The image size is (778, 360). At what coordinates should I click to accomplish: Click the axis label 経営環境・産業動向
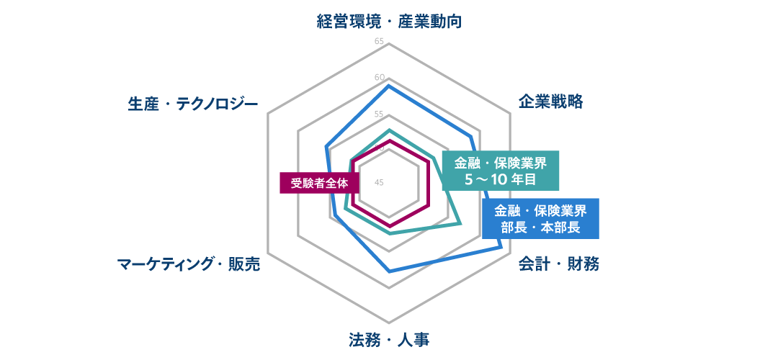click(x=389, y=22)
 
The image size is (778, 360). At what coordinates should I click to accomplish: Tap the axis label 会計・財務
click(x=558, y=264)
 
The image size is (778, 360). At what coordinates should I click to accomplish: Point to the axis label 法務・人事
click(x=388, y=340)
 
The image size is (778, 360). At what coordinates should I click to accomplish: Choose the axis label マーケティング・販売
click(x=188, y=264)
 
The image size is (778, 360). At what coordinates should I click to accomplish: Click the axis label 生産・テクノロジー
click(x=193, y=104)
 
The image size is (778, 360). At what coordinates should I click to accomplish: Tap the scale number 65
click(x=379, y=41)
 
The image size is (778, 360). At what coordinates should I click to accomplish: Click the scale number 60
click(x=379, y=77)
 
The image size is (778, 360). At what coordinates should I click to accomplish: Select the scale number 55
click(x=379, y=114)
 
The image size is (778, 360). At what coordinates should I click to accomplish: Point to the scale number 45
click(x=379, y=182)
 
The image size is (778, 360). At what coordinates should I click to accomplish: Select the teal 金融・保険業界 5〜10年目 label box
click(x=501, y=171)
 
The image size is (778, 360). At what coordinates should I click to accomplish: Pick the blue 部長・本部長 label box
click(x=540, y=219)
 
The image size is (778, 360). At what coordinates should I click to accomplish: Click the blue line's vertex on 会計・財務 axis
click(x=501, y=246)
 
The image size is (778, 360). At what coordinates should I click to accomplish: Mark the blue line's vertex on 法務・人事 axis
click(x=389, y=271)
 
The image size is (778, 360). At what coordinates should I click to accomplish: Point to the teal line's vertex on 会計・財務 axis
click(x=461, y=224)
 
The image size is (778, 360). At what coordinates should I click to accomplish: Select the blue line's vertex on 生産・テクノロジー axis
click(x=326, y=146)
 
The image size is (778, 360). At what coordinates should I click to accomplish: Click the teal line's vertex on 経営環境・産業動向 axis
click(x=389, y=130)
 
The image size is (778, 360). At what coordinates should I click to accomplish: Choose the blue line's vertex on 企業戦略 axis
click(x=470, y=135)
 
